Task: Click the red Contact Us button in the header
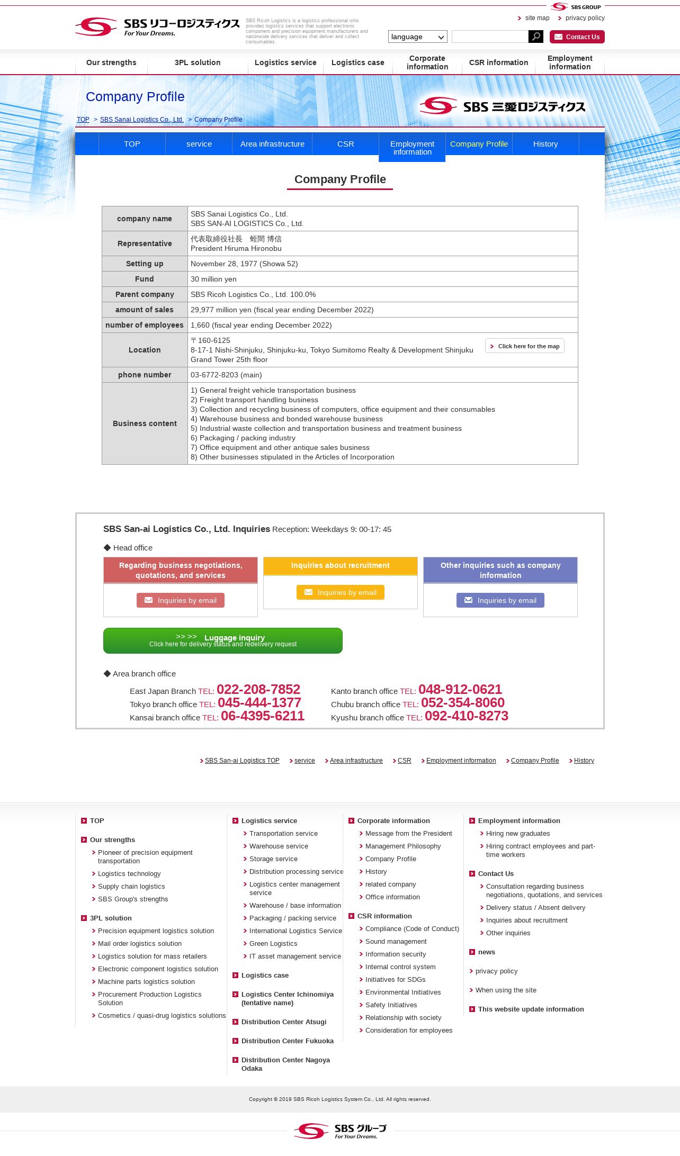click(x=577, y=37)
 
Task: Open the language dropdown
click(x=417, y=37)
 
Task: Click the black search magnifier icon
click(x=535, y=37)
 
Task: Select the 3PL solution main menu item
click(x=198, y=62)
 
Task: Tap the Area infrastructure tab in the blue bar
click(x=272, y=144)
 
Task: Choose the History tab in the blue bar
click(x=545, y=144)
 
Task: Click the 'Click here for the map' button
click(x=524, y=346)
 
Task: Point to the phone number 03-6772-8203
click(x=226, y=375)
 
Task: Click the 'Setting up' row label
click(x=145, y=264)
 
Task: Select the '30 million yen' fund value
click(x=213, y=279)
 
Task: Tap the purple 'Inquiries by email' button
click(x=500, y=600)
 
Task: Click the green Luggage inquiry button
click(x=223, y=640)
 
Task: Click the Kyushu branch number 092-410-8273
click(x=466, y=716)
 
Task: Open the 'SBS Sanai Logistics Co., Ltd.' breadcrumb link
click(x=141, y=120)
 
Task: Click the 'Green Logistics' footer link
click(x=273, y=944)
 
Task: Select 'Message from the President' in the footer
click(x=408, y=834)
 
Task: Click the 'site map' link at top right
click(x=537, y=18)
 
